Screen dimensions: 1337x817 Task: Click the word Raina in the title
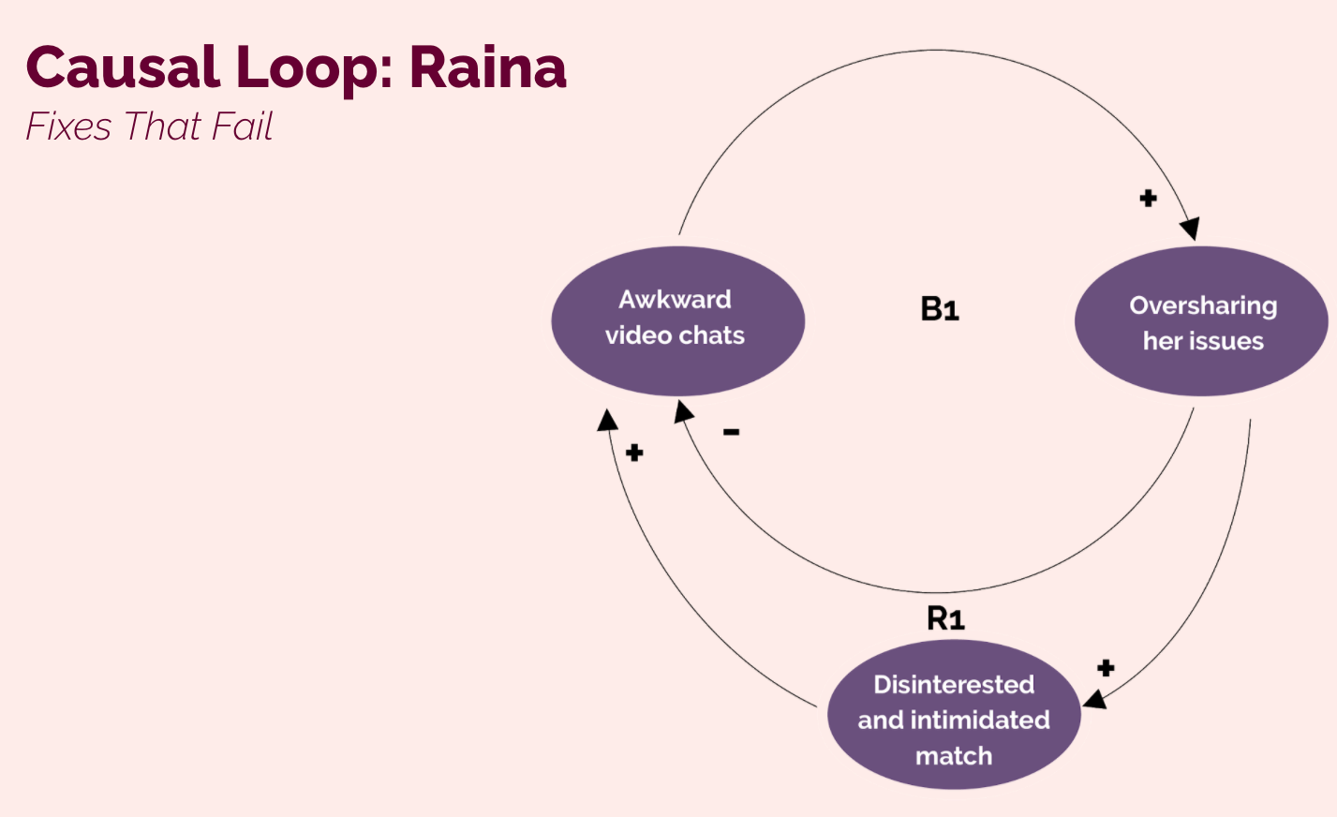point(487,67)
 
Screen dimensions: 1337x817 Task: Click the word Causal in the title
point(124,67)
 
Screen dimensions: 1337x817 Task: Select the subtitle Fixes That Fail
point(149,126)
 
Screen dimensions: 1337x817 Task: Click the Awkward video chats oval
point(678,321)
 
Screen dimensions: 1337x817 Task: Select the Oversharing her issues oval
point(1201,321)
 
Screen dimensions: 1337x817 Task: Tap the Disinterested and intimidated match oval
point(954,714)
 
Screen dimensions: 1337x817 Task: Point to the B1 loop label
point(940,309)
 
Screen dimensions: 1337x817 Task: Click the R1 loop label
point(945,618)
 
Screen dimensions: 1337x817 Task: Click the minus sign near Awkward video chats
point(731,432)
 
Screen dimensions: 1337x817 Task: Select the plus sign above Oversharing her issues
point(1148,198)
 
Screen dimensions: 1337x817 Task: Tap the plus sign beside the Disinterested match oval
point(1106,668)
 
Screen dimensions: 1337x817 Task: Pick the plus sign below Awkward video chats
point(634,453)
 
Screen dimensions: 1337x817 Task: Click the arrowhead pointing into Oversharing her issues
point(1190,229)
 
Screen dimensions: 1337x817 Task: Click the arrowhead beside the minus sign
point(683,411)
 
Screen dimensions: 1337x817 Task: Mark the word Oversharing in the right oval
point(1203,305)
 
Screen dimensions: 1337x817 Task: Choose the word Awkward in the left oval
point(676,299)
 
